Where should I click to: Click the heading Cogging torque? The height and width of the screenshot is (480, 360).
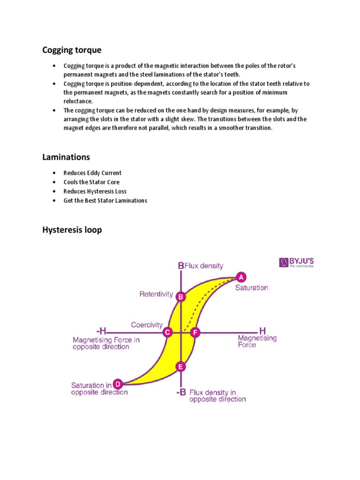(72, 50)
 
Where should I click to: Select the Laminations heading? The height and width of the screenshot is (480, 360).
(66, 157)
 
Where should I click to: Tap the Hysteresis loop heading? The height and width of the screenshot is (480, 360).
(72, 230)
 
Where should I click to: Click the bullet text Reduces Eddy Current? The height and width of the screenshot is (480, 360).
(92, 173)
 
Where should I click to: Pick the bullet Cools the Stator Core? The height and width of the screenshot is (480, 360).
(91, 182)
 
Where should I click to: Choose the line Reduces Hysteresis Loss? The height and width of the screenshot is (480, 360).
(95, 191)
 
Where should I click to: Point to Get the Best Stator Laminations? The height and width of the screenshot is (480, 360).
(105, 200)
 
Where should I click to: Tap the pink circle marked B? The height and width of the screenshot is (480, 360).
(181, 296)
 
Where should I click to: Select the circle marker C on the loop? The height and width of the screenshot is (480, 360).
(167, 332)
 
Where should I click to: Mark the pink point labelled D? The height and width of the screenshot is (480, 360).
(118, 384)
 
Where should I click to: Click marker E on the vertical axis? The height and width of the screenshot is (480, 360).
(181, 367)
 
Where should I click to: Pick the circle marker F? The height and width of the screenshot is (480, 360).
(195, 332)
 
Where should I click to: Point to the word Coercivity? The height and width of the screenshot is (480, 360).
(147, 324)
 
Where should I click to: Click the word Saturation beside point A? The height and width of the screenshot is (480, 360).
(252, 287)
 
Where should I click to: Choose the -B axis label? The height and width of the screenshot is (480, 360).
(181, 393)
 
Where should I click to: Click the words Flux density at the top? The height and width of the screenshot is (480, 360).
(204, 266)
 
